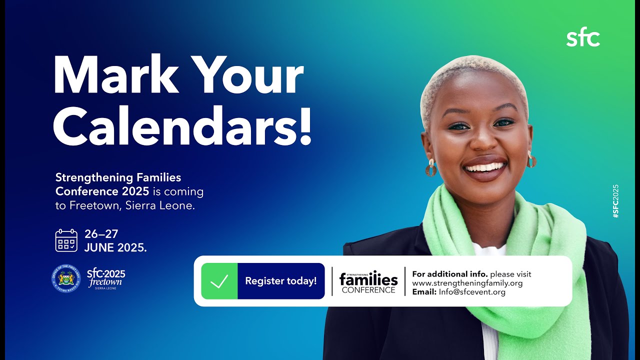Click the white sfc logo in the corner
click(583, 38)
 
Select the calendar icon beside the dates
click(66, 240)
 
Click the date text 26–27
click(101, 234)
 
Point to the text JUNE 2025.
click(115, 247)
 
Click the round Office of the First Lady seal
click(66, 278)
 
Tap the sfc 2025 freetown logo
click(105, 278)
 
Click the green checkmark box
click(219, 281)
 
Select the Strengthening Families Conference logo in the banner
click(368, 281)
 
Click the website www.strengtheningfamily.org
click(467, 283)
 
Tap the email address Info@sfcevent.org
click(472, 292)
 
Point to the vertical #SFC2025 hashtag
click(615, 200)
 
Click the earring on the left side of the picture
click(430, 167)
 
